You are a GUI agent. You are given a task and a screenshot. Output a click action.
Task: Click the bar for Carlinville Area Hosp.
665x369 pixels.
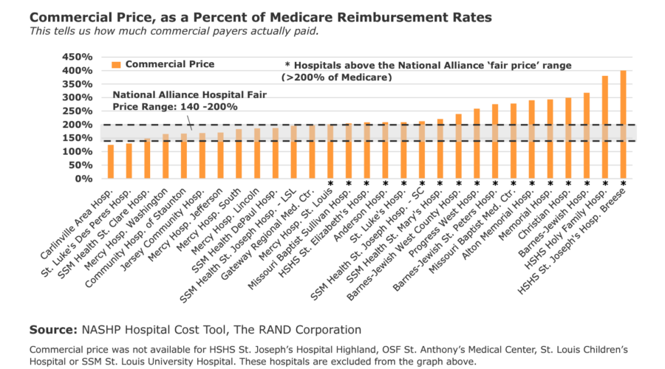111,162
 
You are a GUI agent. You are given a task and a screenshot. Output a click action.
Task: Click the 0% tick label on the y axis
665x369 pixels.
81,179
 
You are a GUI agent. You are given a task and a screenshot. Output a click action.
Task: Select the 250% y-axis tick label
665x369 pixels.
75,111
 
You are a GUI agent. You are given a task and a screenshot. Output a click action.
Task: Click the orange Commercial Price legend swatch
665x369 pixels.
115,65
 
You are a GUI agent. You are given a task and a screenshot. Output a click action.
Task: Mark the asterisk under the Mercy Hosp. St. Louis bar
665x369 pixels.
330,184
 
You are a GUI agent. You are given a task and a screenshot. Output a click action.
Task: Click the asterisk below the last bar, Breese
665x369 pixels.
624,184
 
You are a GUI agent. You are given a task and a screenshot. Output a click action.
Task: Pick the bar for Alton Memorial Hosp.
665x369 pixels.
532,139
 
